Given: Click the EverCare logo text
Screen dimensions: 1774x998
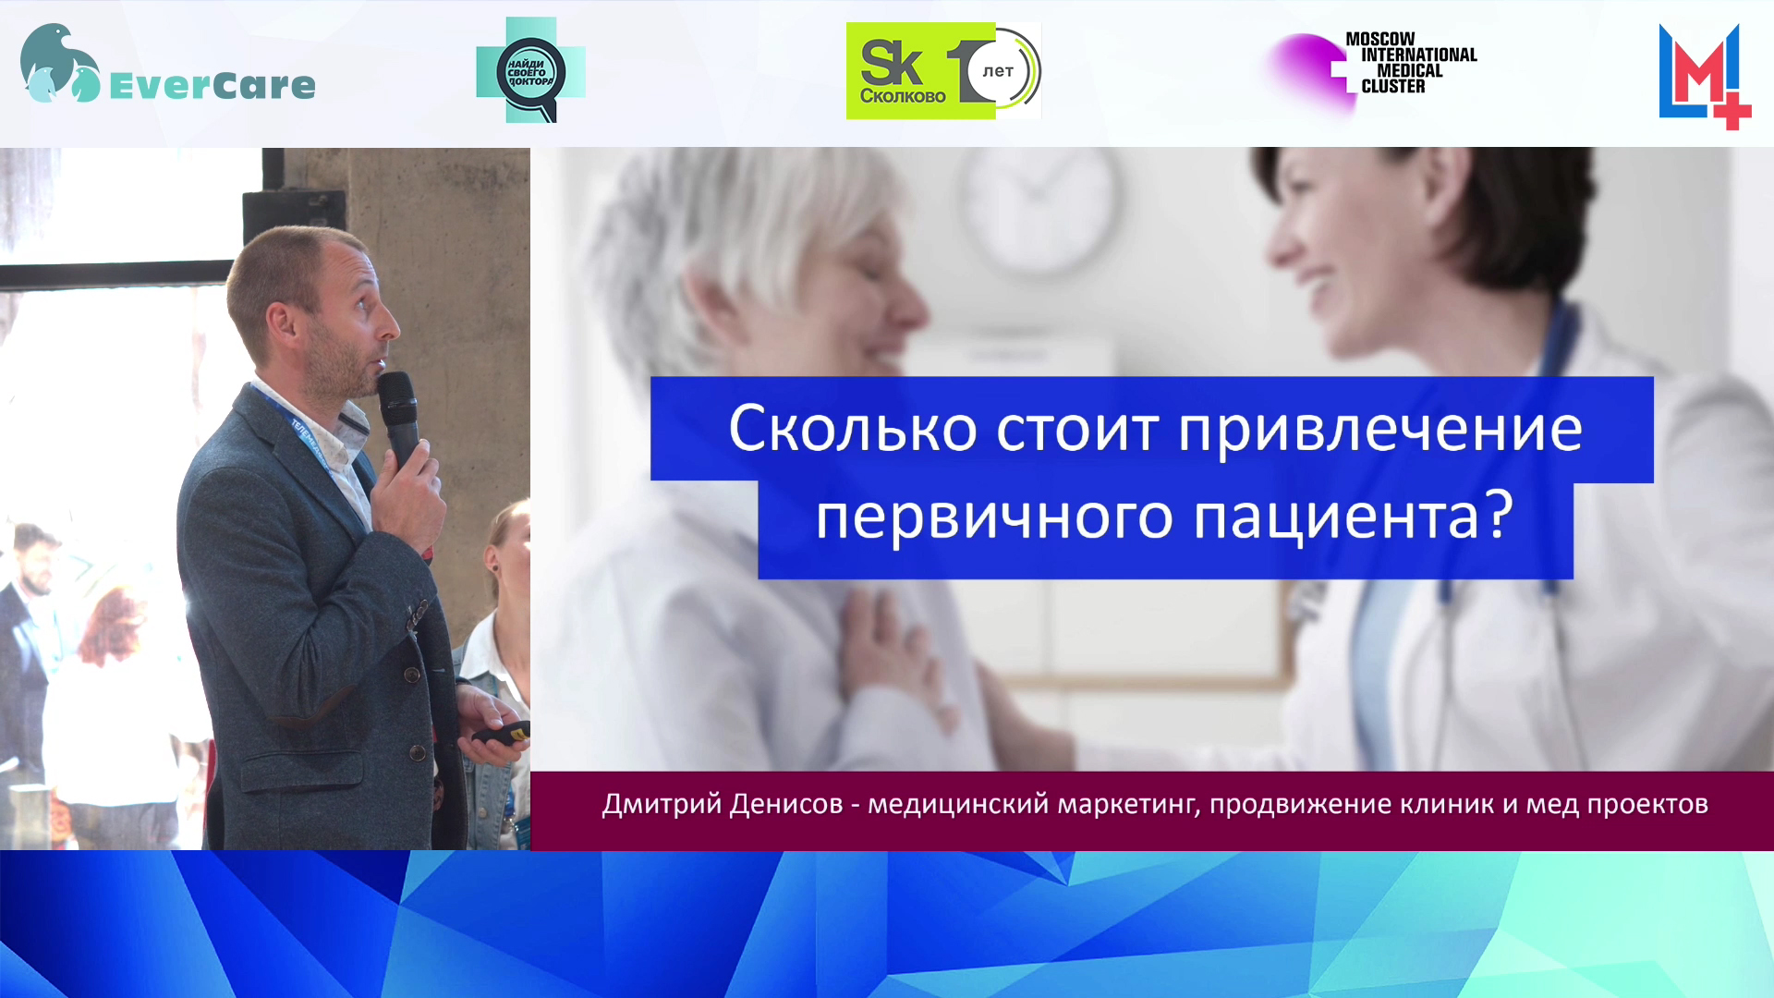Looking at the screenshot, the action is (x=213, y=86).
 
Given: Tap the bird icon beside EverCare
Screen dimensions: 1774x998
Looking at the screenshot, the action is (x=60, y=63).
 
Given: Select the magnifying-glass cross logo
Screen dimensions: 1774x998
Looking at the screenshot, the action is (x=530, y=70).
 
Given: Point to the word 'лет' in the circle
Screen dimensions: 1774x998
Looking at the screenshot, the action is (x=998, y=71).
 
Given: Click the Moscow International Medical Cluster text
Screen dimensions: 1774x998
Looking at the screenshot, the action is (x=1411, y=63).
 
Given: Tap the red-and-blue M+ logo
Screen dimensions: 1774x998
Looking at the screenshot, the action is (x=1705, y=77).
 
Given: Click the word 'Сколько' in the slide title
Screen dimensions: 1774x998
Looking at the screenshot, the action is (x=853, y=429).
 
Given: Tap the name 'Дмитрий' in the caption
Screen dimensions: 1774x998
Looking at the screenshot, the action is (x=662, y=804).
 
